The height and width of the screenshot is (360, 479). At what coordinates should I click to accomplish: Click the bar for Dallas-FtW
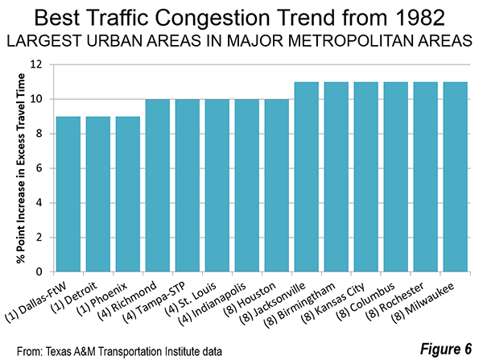click(x=68, y=194)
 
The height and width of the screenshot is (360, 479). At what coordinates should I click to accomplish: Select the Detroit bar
click(x=98, y=194)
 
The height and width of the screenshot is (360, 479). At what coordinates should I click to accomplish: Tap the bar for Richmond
click(x=158, y=185)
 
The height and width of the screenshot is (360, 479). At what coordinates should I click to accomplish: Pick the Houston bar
click(x=277, y=185)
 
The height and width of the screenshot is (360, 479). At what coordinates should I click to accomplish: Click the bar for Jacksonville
click(x=307, y=177)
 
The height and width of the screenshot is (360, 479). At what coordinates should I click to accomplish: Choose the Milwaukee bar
click(x=456, y=177)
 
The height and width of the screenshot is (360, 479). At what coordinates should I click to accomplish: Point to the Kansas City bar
click(x=366, y=177)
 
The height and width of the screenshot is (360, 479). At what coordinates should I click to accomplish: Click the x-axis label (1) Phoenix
click(x=101, y=300)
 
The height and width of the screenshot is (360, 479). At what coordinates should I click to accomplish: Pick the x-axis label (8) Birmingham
click(x=299, y=305)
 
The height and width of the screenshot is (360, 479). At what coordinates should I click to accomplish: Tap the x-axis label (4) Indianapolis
click(x=212, y=304)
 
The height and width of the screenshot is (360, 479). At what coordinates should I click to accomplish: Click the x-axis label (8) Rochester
click(x=394, y=302)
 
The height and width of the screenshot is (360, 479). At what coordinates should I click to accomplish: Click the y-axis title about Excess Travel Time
click(x=21, y=168)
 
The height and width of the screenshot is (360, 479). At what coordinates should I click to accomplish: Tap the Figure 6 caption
click(x=446, y=349)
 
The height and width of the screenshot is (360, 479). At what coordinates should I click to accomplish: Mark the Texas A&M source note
click(x=119, y=352)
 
